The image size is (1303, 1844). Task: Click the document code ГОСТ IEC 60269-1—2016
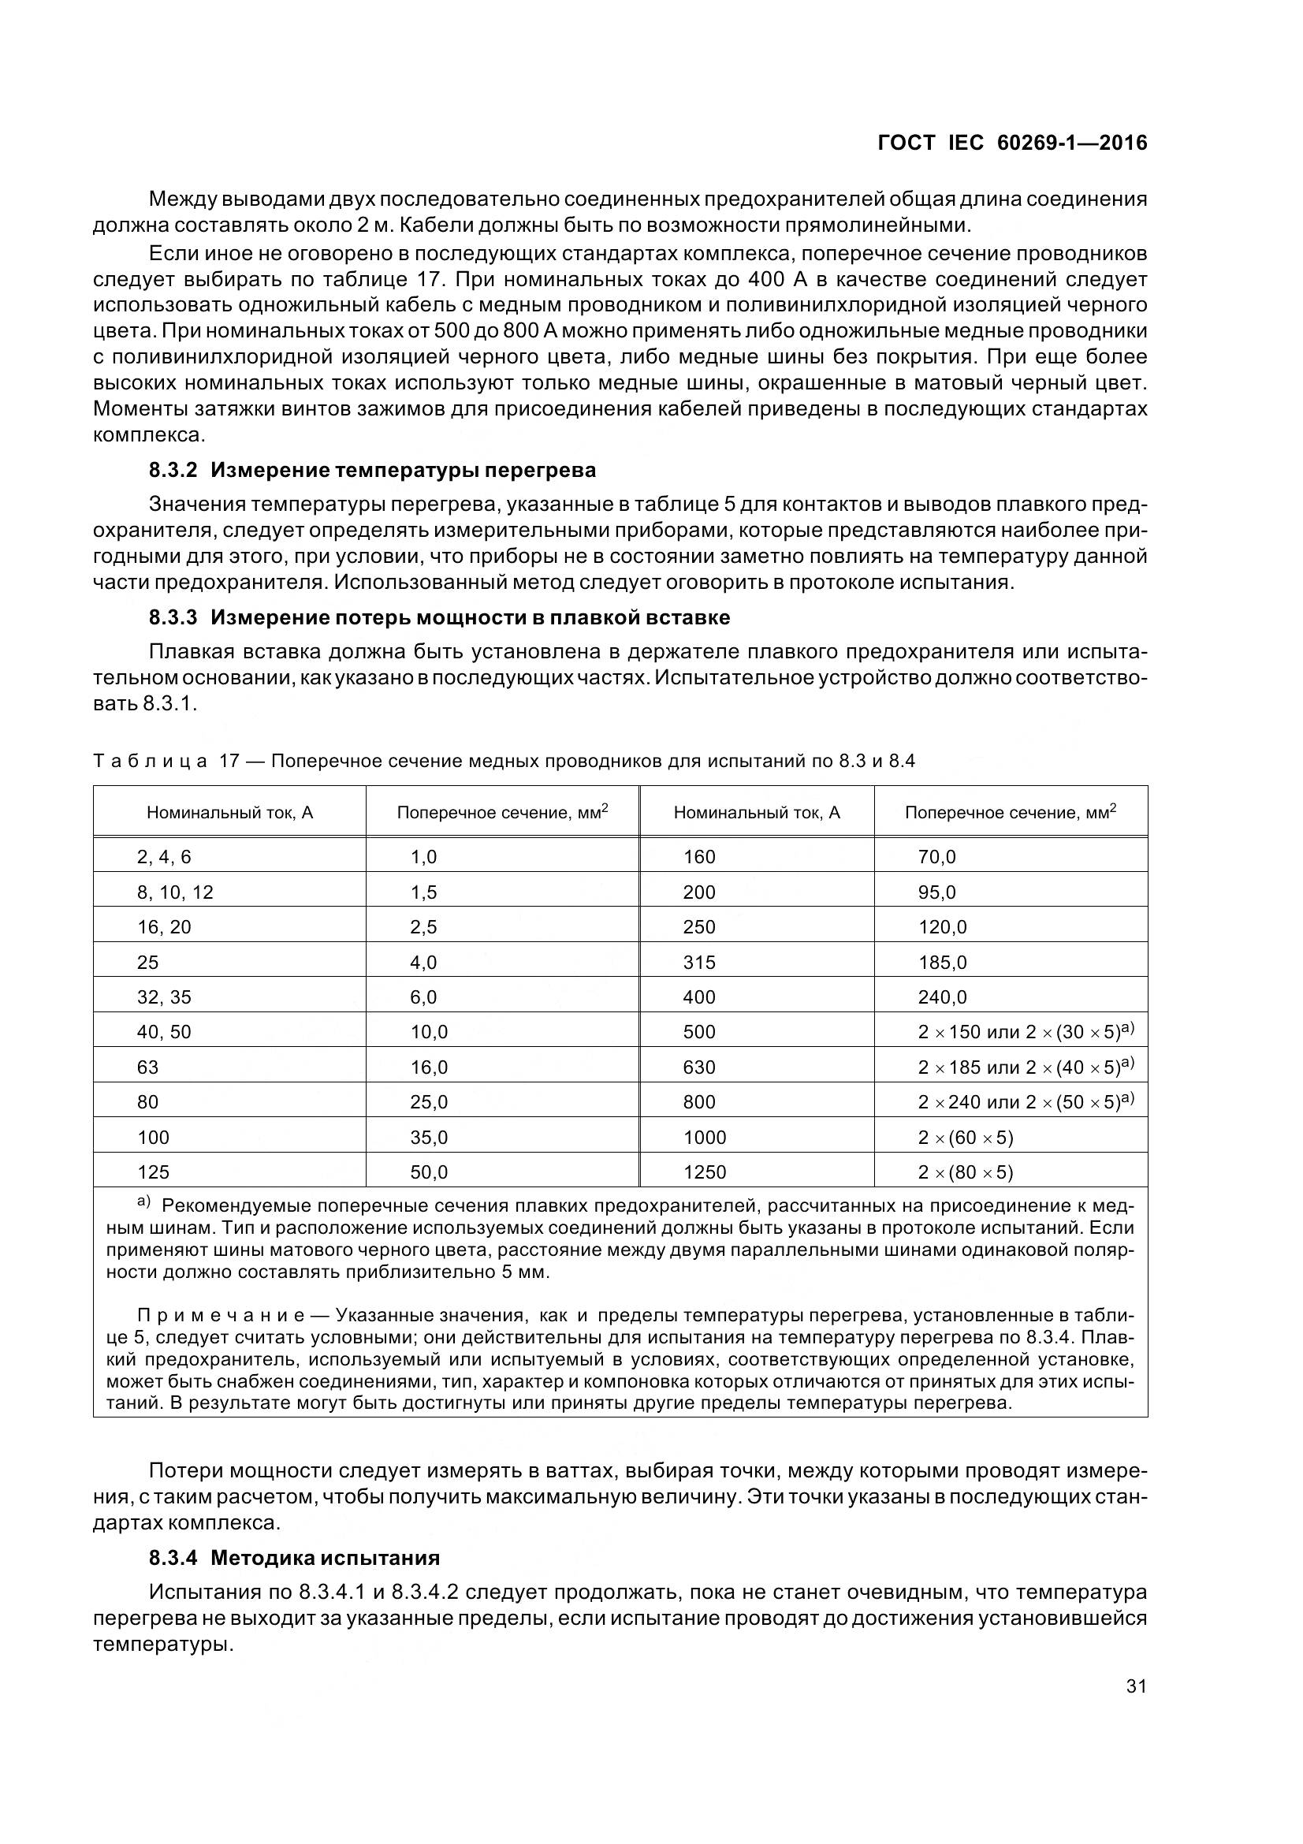[1012, 143]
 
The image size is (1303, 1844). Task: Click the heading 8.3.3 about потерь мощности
[439, 617]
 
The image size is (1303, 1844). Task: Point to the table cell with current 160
[699, 857]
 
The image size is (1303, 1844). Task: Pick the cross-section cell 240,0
[943, 997]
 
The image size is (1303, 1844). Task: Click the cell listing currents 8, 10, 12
[175, 892]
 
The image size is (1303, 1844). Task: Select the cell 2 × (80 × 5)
[966, 1172]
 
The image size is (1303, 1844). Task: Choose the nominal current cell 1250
[705, 1172]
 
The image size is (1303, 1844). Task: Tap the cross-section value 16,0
[429, 1067]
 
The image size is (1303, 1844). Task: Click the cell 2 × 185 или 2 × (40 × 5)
[1026, 1067]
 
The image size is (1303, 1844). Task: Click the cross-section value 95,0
[937, 892]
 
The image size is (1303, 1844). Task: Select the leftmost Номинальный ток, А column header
[229, 813]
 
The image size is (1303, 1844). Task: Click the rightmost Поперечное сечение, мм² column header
[1010, 813]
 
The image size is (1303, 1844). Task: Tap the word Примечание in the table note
[221, 1316]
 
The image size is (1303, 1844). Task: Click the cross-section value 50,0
[429, 1172]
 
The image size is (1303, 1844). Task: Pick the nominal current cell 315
[699, 962]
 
